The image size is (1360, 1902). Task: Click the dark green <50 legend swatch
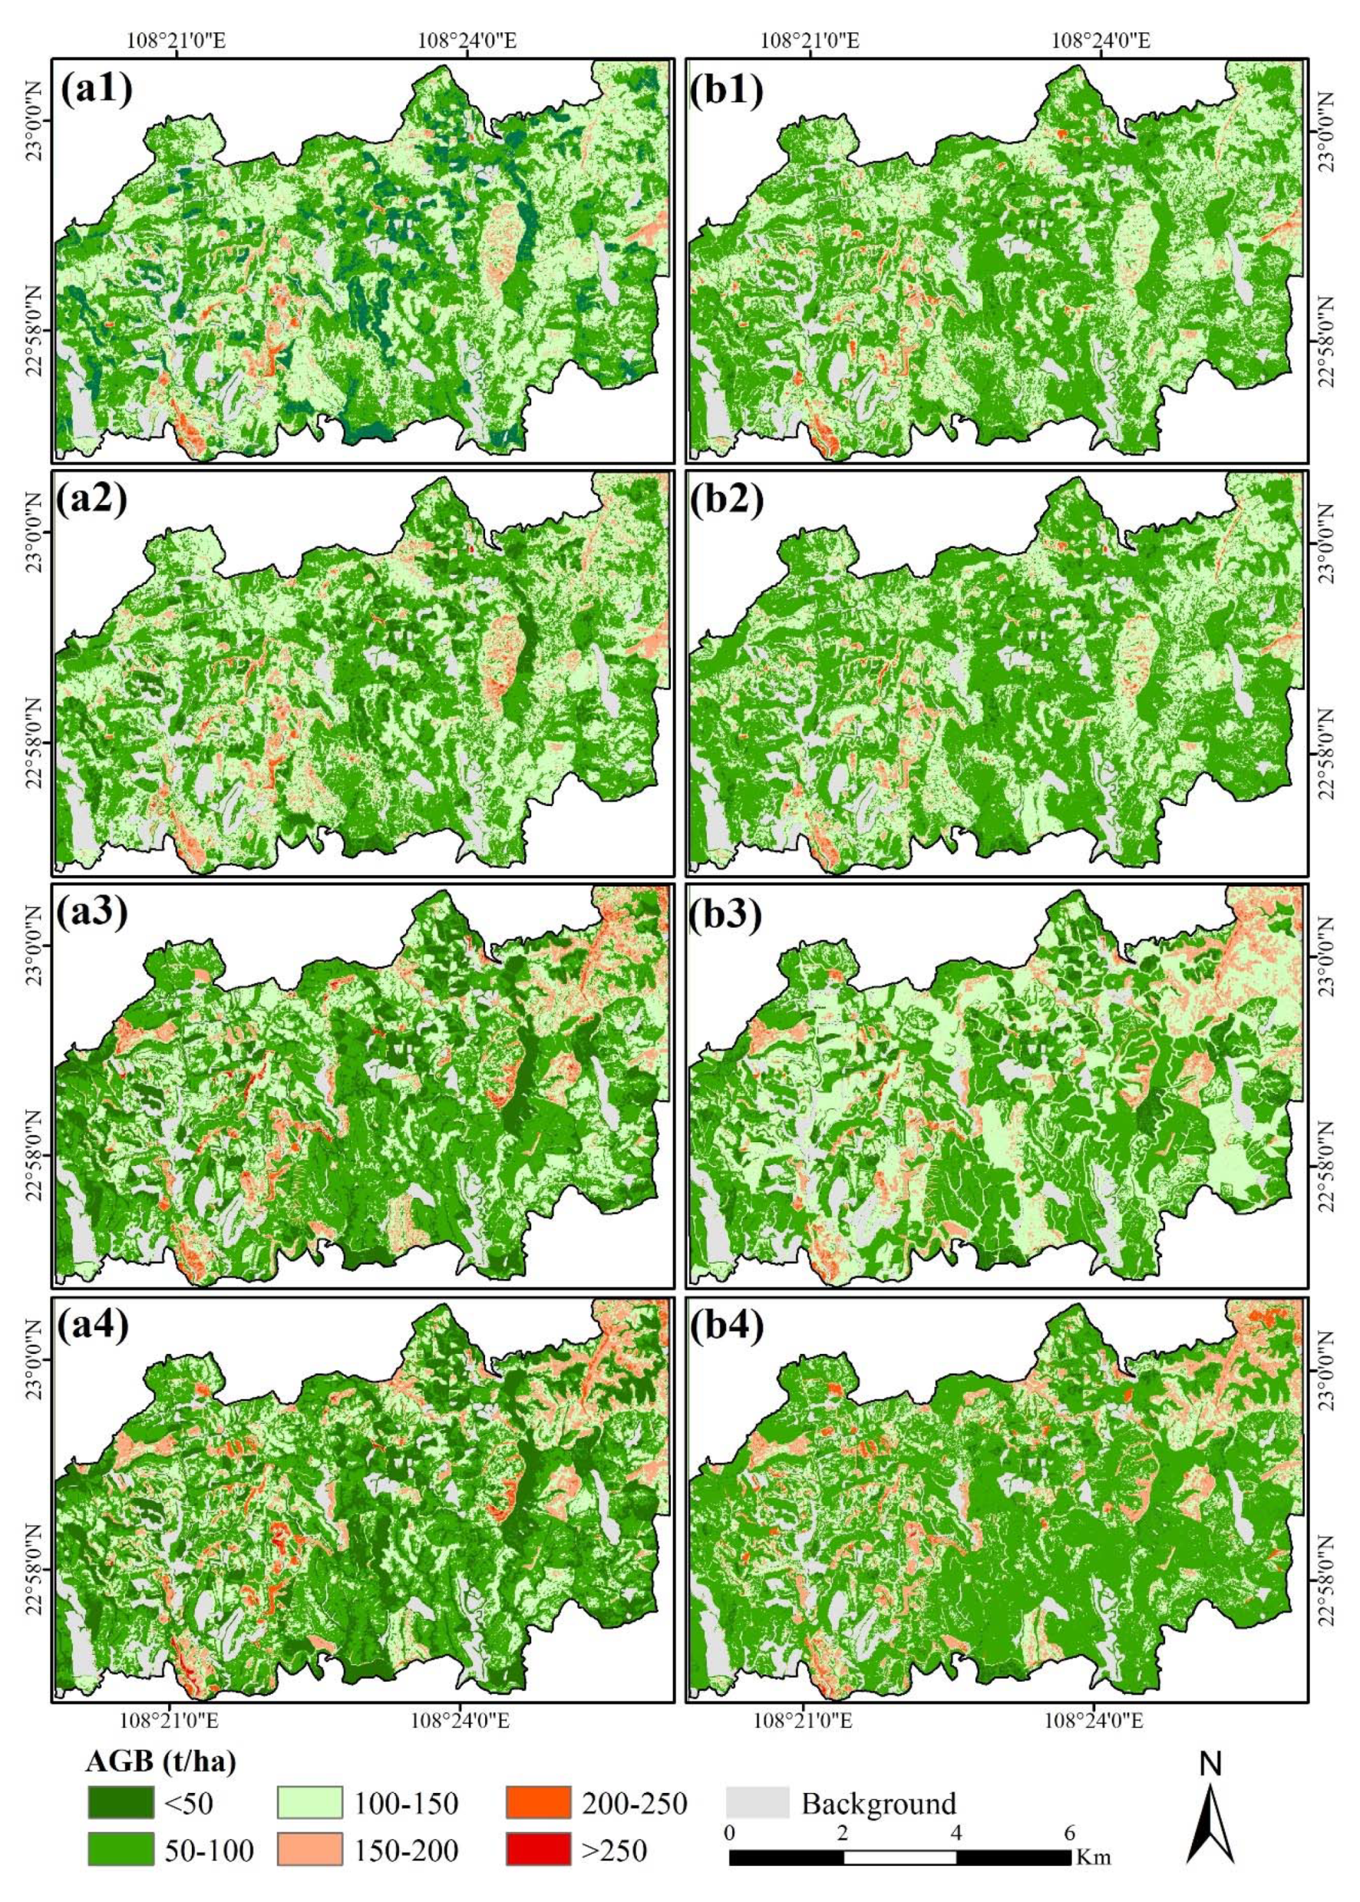[x=120, y=1802]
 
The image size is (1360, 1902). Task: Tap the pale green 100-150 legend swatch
[x=309, y=1802]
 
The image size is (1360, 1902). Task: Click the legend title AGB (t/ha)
[x=160, y=1762]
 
